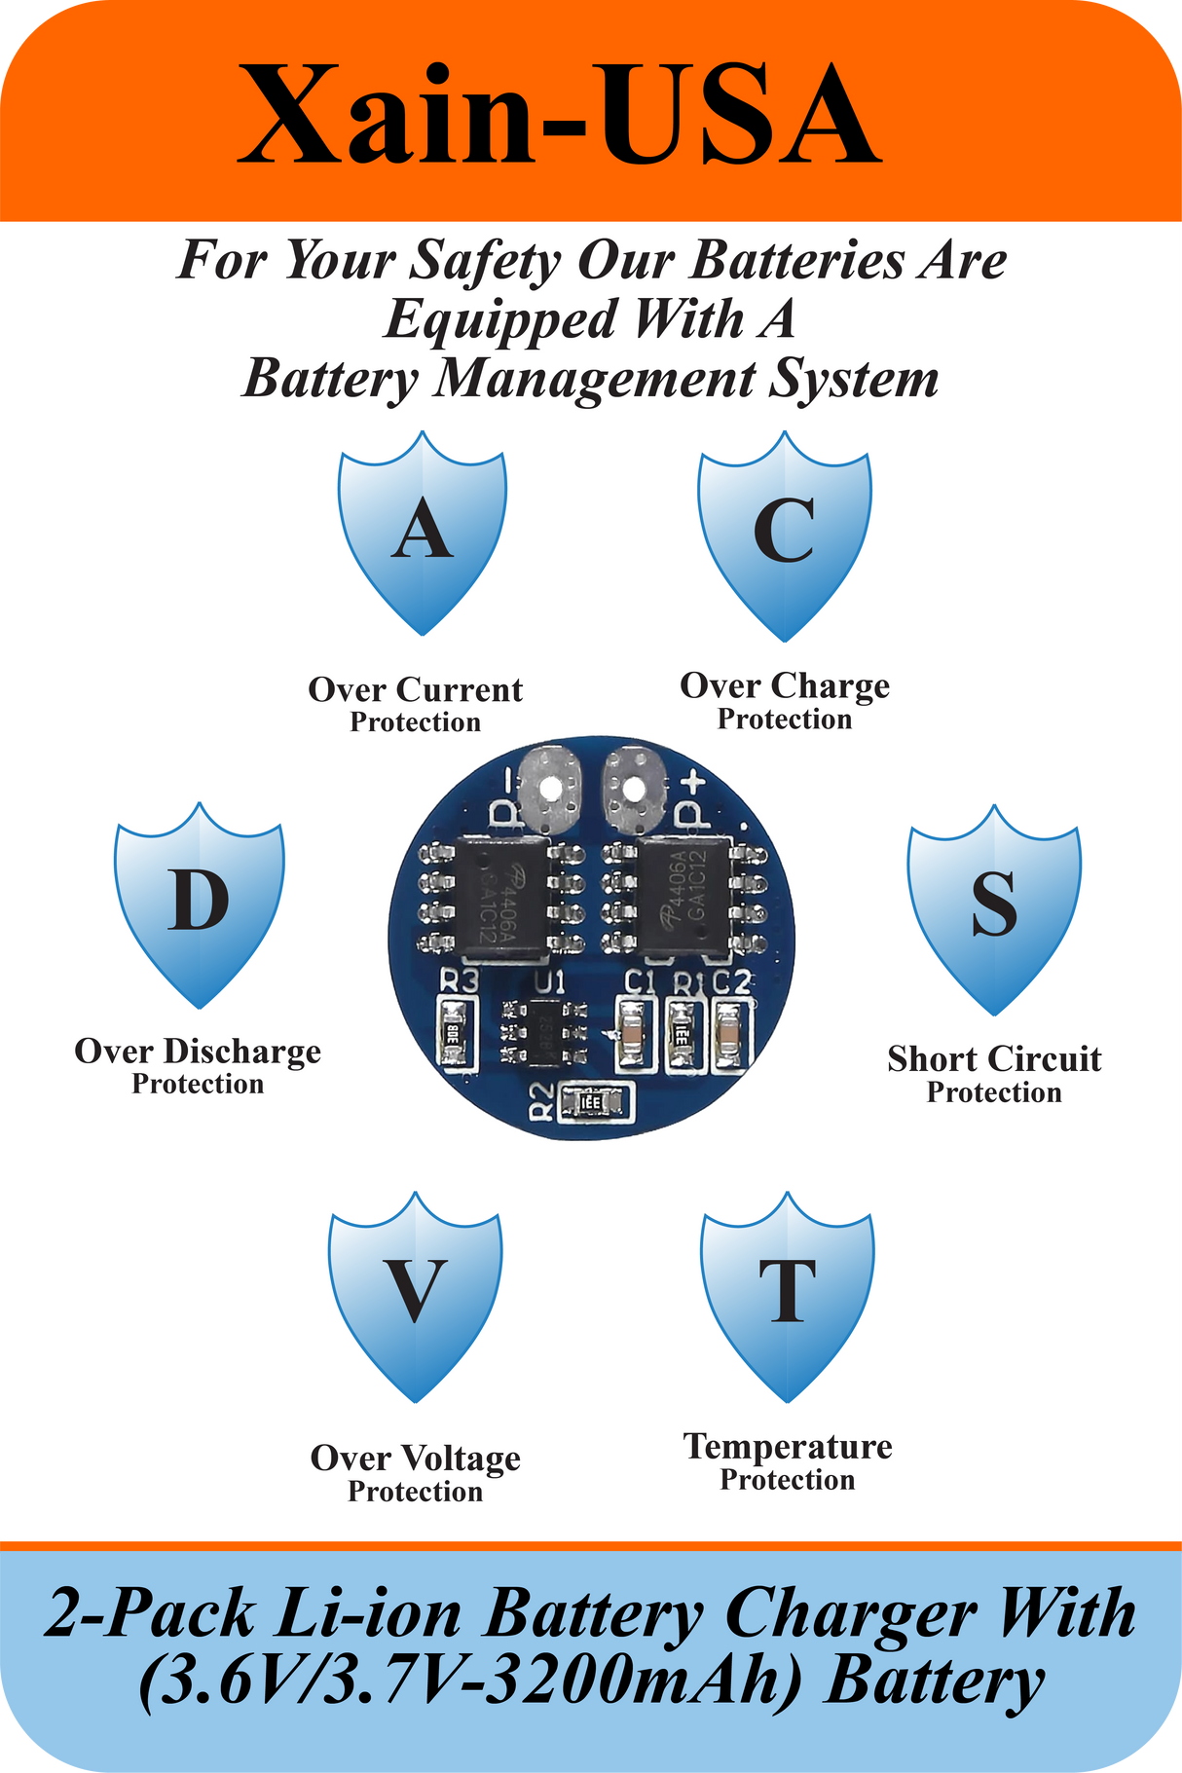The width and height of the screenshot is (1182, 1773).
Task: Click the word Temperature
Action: click(x=788, y=1447)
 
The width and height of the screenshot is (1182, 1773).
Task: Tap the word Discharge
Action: click(x=241, y=1052)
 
